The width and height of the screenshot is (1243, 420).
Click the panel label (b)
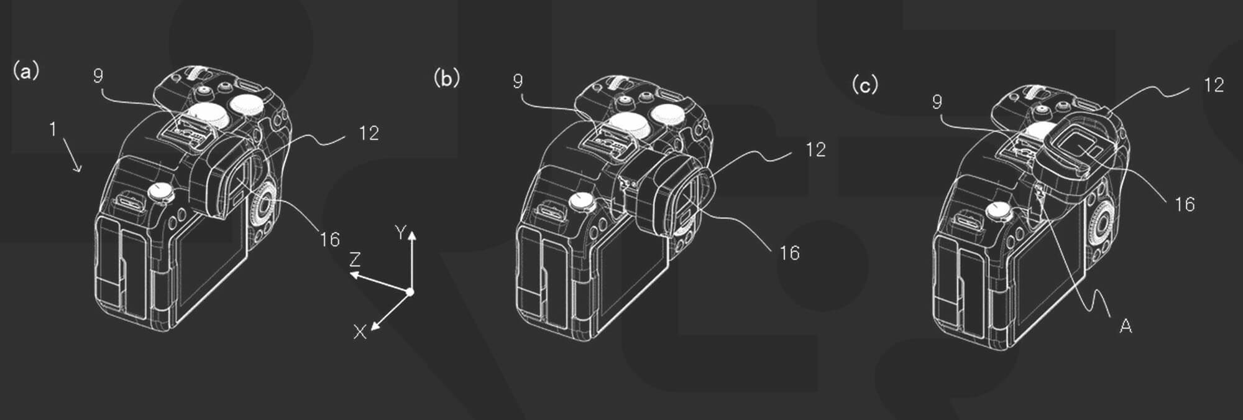(447, 78)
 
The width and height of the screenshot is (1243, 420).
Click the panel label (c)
(865, 85)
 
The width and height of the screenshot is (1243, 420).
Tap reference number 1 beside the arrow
(53, 129)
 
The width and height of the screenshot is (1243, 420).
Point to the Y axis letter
(401, 233)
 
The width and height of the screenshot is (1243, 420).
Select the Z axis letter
(355, 259)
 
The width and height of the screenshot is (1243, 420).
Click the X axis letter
(360, 332)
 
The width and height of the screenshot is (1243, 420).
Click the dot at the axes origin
(410, 292)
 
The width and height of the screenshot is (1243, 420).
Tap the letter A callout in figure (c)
(1126, 325)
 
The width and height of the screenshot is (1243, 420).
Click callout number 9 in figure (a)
(98, 76)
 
